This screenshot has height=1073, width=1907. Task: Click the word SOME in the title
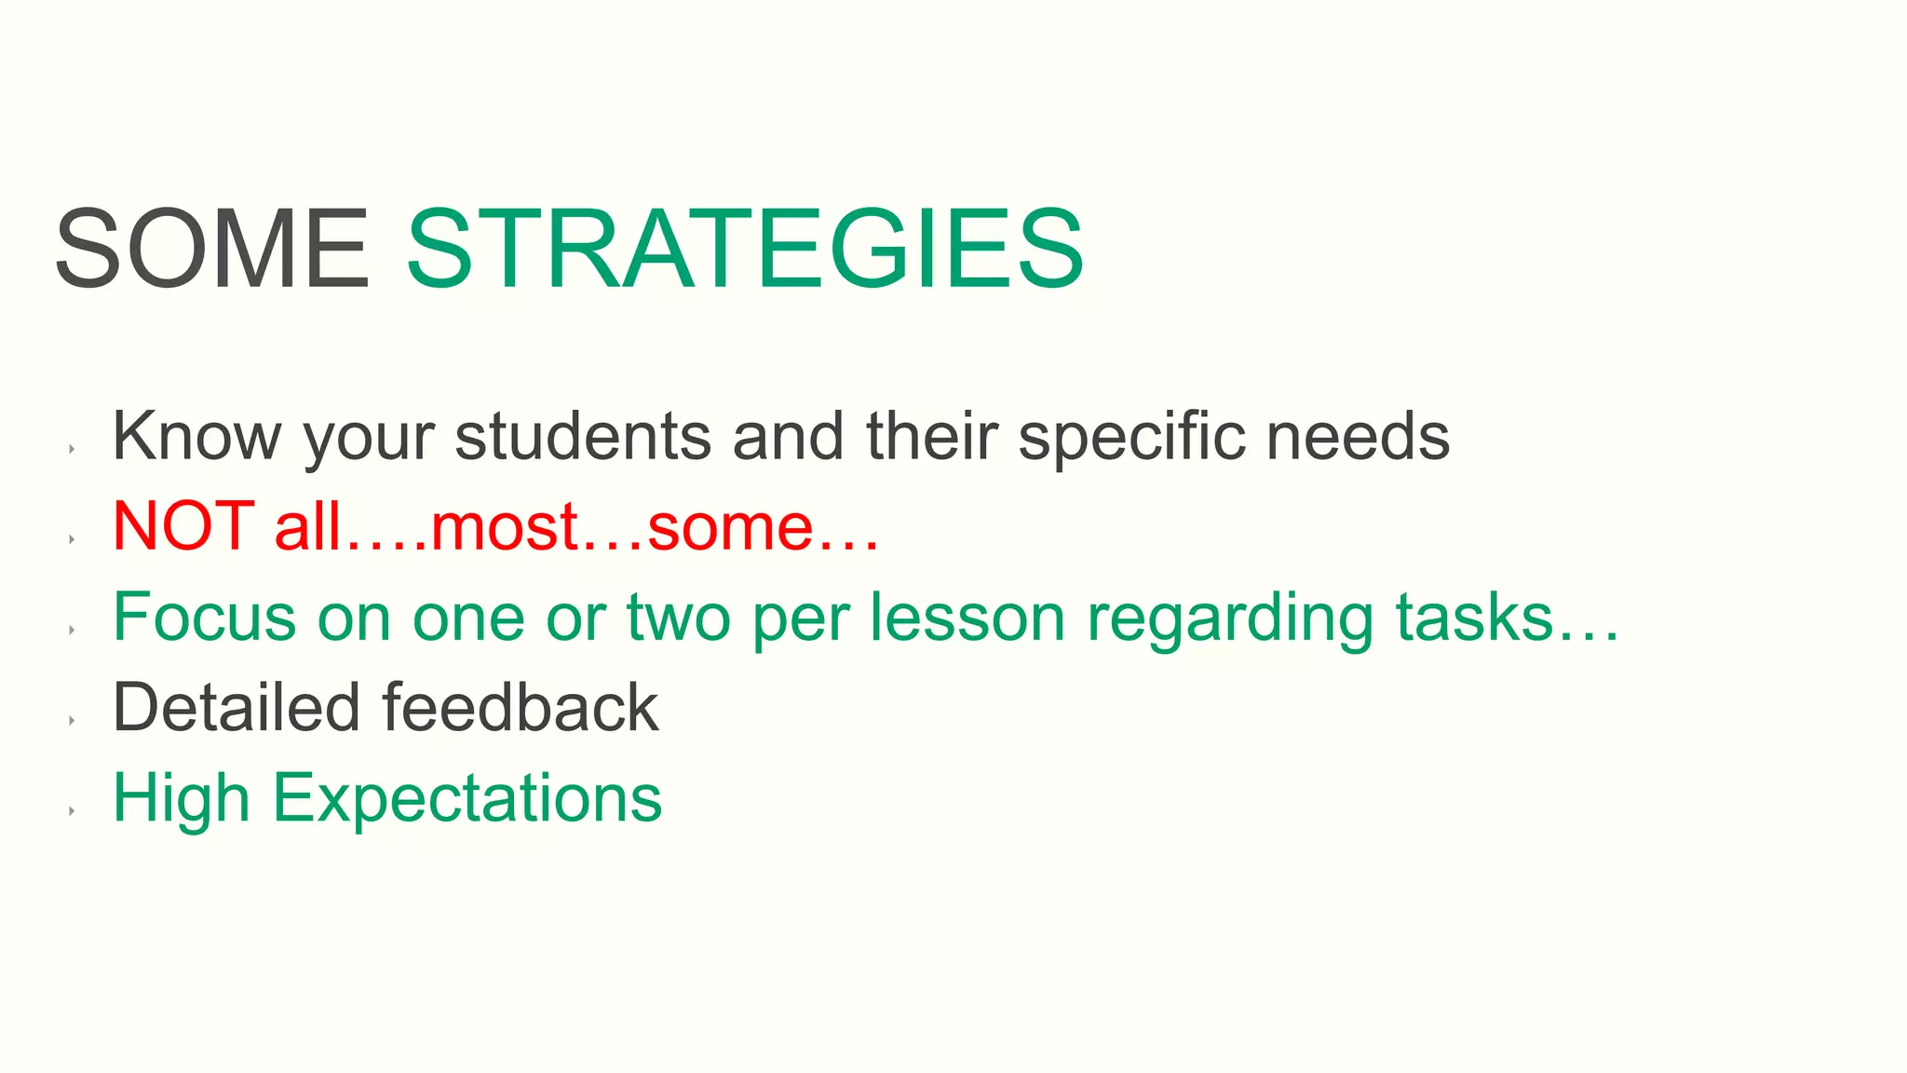[x=212, y=250]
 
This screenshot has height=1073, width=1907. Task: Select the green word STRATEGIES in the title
[x=745, y=250]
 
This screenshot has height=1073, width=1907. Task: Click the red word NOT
[x=183, y=525]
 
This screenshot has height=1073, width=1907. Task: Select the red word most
[x=505, y=527]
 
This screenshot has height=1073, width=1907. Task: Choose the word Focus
[x=204, y=617]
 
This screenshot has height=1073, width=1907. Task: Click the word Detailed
[x=236, y=707]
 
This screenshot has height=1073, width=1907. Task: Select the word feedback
[x=521, y=707]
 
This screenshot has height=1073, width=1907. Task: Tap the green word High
[x=182, y=799]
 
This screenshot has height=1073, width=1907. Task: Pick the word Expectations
[x=467, y=799]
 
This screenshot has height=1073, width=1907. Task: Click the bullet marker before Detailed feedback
[x=72, y=720]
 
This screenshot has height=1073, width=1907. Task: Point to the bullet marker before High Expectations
[x=72, y=810]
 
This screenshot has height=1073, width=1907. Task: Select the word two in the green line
[x=679, y=617]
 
